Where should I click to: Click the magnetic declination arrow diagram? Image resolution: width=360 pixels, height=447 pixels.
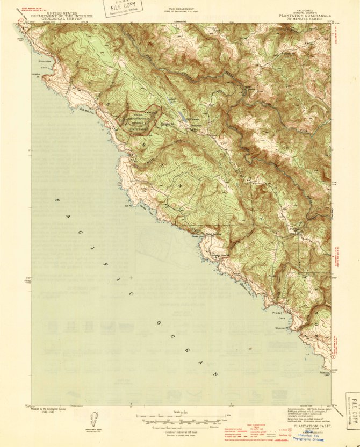pos(95,419)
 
